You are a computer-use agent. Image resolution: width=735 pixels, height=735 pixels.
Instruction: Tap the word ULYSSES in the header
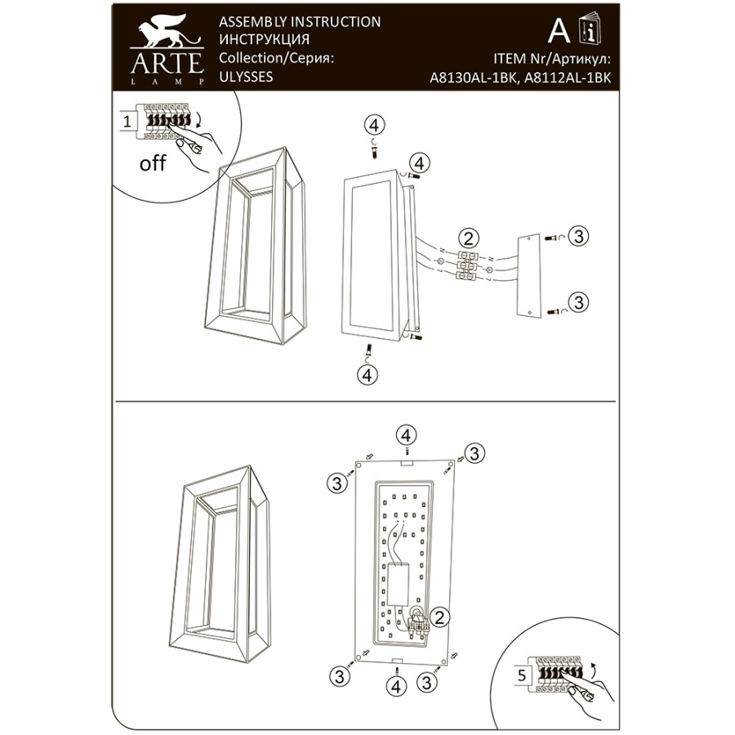pyautogui.click(x=246, y=77)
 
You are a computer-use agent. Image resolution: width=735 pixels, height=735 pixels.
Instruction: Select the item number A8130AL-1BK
pyautogui.click(x=474, y=78)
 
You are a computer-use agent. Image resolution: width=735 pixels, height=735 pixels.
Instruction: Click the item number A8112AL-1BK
pyautogui.click(x=568, y=78)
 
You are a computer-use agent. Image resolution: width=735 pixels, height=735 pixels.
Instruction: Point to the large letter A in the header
pyautogui.click(x=559, y=30)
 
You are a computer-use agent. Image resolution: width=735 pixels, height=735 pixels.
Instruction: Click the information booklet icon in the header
pyautogui.click(x=590, y=29)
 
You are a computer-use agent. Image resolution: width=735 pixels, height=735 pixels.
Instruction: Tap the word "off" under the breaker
pyautogui.click(x=153, y=163)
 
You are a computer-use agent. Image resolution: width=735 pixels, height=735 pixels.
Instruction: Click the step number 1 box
pyautogui.click(x=127, y=122)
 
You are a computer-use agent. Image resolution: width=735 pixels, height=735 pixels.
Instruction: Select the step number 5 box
pyautogui.click(x=522, y=675)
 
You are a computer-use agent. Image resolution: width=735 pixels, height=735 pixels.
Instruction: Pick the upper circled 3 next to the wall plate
pyautogui.click(x=578, y=236)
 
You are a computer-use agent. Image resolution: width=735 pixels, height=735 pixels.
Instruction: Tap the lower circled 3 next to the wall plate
pyautogui.click(x=578, y=302)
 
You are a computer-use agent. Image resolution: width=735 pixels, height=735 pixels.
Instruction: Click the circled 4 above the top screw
pyautogui.click(x=373, y=125)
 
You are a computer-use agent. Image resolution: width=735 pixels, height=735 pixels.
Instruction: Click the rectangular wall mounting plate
pyautogui.click(x=528, y=278)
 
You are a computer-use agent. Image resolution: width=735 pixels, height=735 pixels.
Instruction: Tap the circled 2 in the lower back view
pyautogui.click(x=439, y=617)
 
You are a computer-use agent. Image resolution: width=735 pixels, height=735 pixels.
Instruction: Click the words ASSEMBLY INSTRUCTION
pyautogui.click(x=300, y=21)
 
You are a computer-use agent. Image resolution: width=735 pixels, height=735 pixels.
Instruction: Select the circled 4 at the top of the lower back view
pyautogui.click(x=406, y=435)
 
